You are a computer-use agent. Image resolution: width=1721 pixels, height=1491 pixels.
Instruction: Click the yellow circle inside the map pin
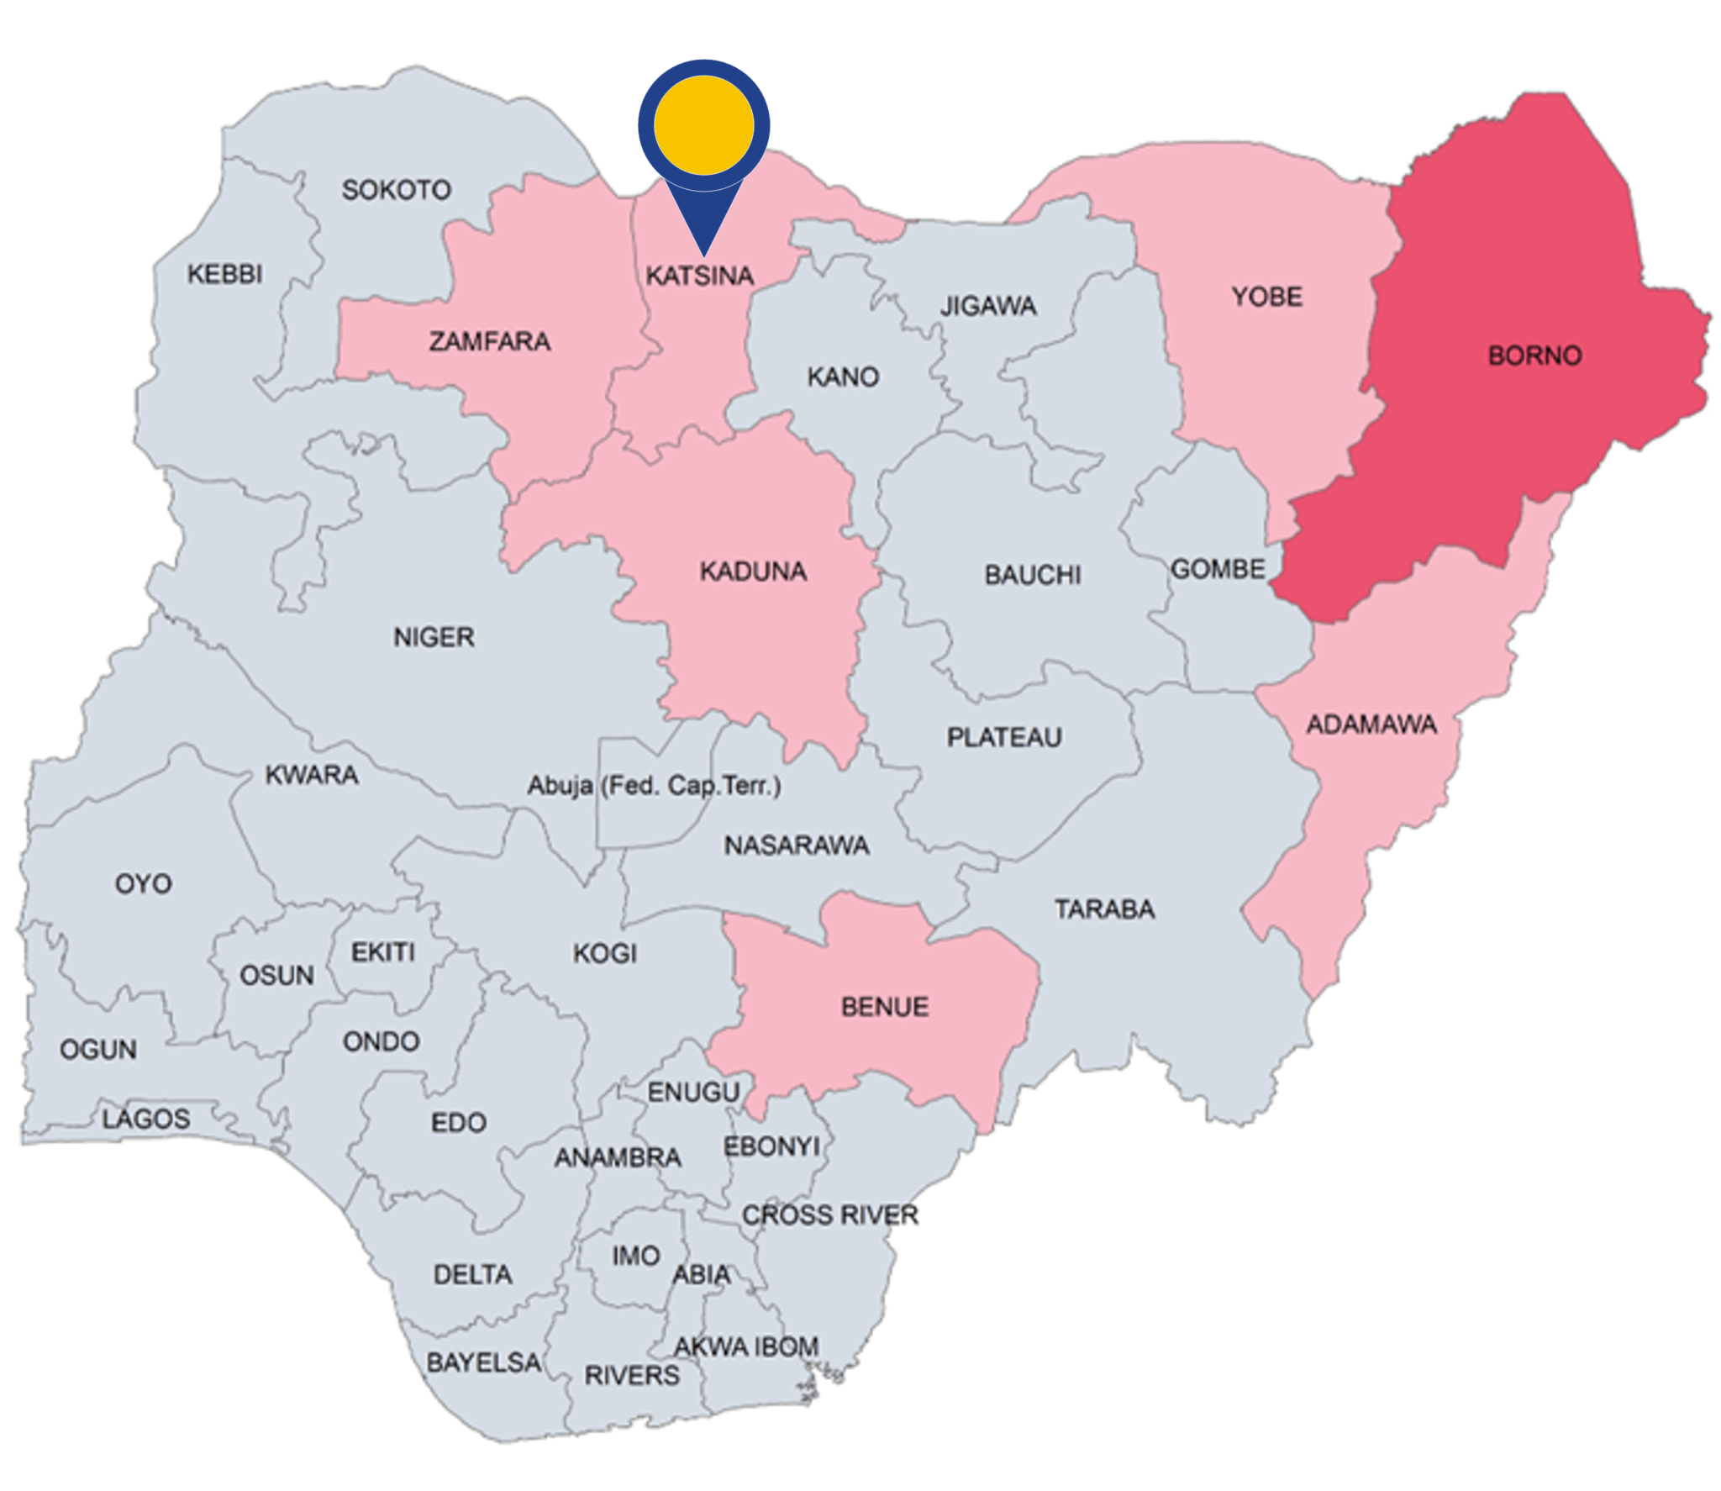pyautogui.click(x=703, y=125)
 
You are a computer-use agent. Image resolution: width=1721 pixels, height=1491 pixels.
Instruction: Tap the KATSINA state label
pyautogui.click(x=699, y=276)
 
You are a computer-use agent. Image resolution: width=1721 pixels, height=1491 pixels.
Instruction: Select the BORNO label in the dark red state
pyautogui.click(x=1534, y=356)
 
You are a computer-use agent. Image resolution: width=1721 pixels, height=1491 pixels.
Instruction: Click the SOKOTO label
pyautogui.click(x=396, y=190)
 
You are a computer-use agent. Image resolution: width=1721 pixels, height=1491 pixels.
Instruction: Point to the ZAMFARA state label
pyautogui.click(x=490, y=341)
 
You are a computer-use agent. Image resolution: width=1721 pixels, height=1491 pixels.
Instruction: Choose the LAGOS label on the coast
pyautogui.click(x=146, y=1119)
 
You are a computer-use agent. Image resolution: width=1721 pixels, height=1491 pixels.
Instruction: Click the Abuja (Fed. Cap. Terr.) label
pyautogui.click(x=654, y=786)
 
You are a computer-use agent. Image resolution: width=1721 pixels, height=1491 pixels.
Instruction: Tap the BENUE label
pyautogui.click(x=885, y=1007)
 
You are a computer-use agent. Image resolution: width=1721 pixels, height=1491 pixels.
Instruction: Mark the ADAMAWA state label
pyautogui.click(x=1371, y=724)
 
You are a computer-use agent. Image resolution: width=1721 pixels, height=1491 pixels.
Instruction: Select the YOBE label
pyautogui.click(x=1267, y=297)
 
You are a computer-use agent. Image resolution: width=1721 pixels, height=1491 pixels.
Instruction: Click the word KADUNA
pyautogui.click(x=753, y=572)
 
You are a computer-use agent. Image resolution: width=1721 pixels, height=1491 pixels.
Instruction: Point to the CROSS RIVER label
pyautogui.click(x=830, y=1214)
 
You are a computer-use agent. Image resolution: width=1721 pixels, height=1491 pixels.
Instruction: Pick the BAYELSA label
pyautogui.click(x=484, y=1362)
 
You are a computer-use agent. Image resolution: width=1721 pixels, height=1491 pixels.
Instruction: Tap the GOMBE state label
pyautogui.click(x=1218, y=569)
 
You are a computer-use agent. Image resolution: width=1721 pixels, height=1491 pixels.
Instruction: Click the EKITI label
pyautogui.click(x=383, y=952)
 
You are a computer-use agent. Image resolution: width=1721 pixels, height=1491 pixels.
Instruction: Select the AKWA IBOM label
pyautogui.click(x=746, y=1346)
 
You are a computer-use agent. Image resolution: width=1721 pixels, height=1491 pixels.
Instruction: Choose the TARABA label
pyautogui.click(x=1104, y=909)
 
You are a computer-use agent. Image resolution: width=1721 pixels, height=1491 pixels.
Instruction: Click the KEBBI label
pyautogui.click(x=224, y=274)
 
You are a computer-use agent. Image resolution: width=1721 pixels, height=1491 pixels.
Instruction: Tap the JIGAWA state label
pyautogui.click(x=987, y=306)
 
